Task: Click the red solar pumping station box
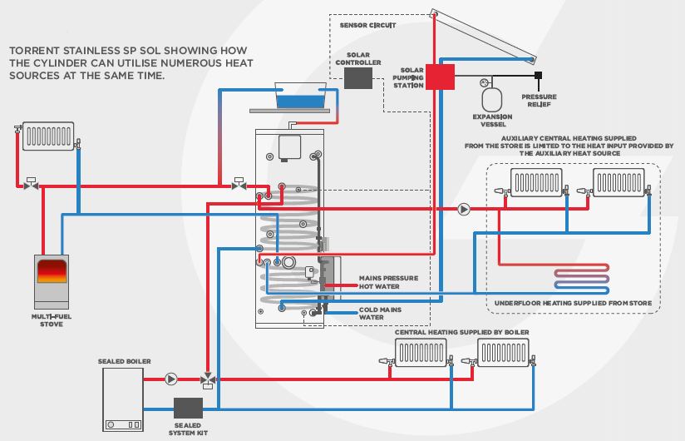click(x=441, y=77)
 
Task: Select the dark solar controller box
click(x=357, y=78)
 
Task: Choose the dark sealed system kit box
click(x=188, y=408)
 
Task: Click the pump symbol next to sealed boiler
click(x=171, y=379)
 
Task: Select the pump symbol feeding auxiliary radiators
click(x=464, y=210)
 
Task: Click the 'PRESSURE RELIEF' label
click(x=539, y=100)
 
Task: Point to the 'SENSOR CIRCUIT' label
click(x=367, y=26)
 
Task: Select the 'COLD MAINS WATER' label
click(x=381, y=314)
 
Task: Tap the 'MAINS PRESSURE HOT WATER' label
click(x=388, y=282)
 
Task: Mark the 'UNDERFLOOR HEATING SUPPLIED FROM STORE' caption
click(x=574, y=303)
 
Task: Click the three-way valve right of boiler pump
click(x=206, y=379)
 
